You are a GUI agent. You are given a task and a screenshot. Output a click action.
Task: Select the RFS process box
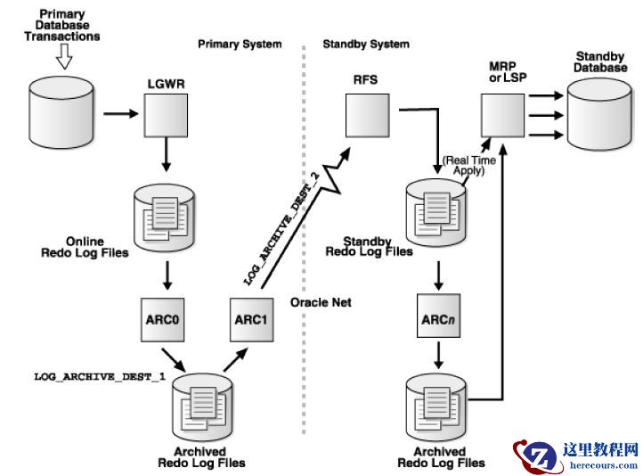pos(366,112)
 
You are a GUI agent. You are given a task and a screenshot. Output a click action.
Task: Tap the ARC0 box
pos(166,319)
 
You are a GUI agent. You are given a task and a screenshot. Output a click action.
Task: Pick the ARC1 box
pos(248,319)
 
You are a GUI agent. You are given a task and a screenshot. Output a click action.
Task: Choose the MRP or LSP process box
pos(501,114)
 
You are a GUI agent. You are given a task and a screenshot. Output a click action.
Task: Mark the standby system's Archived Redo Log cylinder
pos(440,400)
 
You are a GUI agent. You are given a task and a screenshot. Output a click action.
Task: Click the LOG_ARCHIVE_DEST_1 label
pos(100,377)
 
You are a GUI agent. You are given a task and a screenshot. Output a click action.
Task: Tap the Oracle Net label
pos(321,302)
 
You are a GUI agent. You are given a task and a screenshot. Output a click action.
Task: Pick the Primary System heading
pos(240,44)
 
